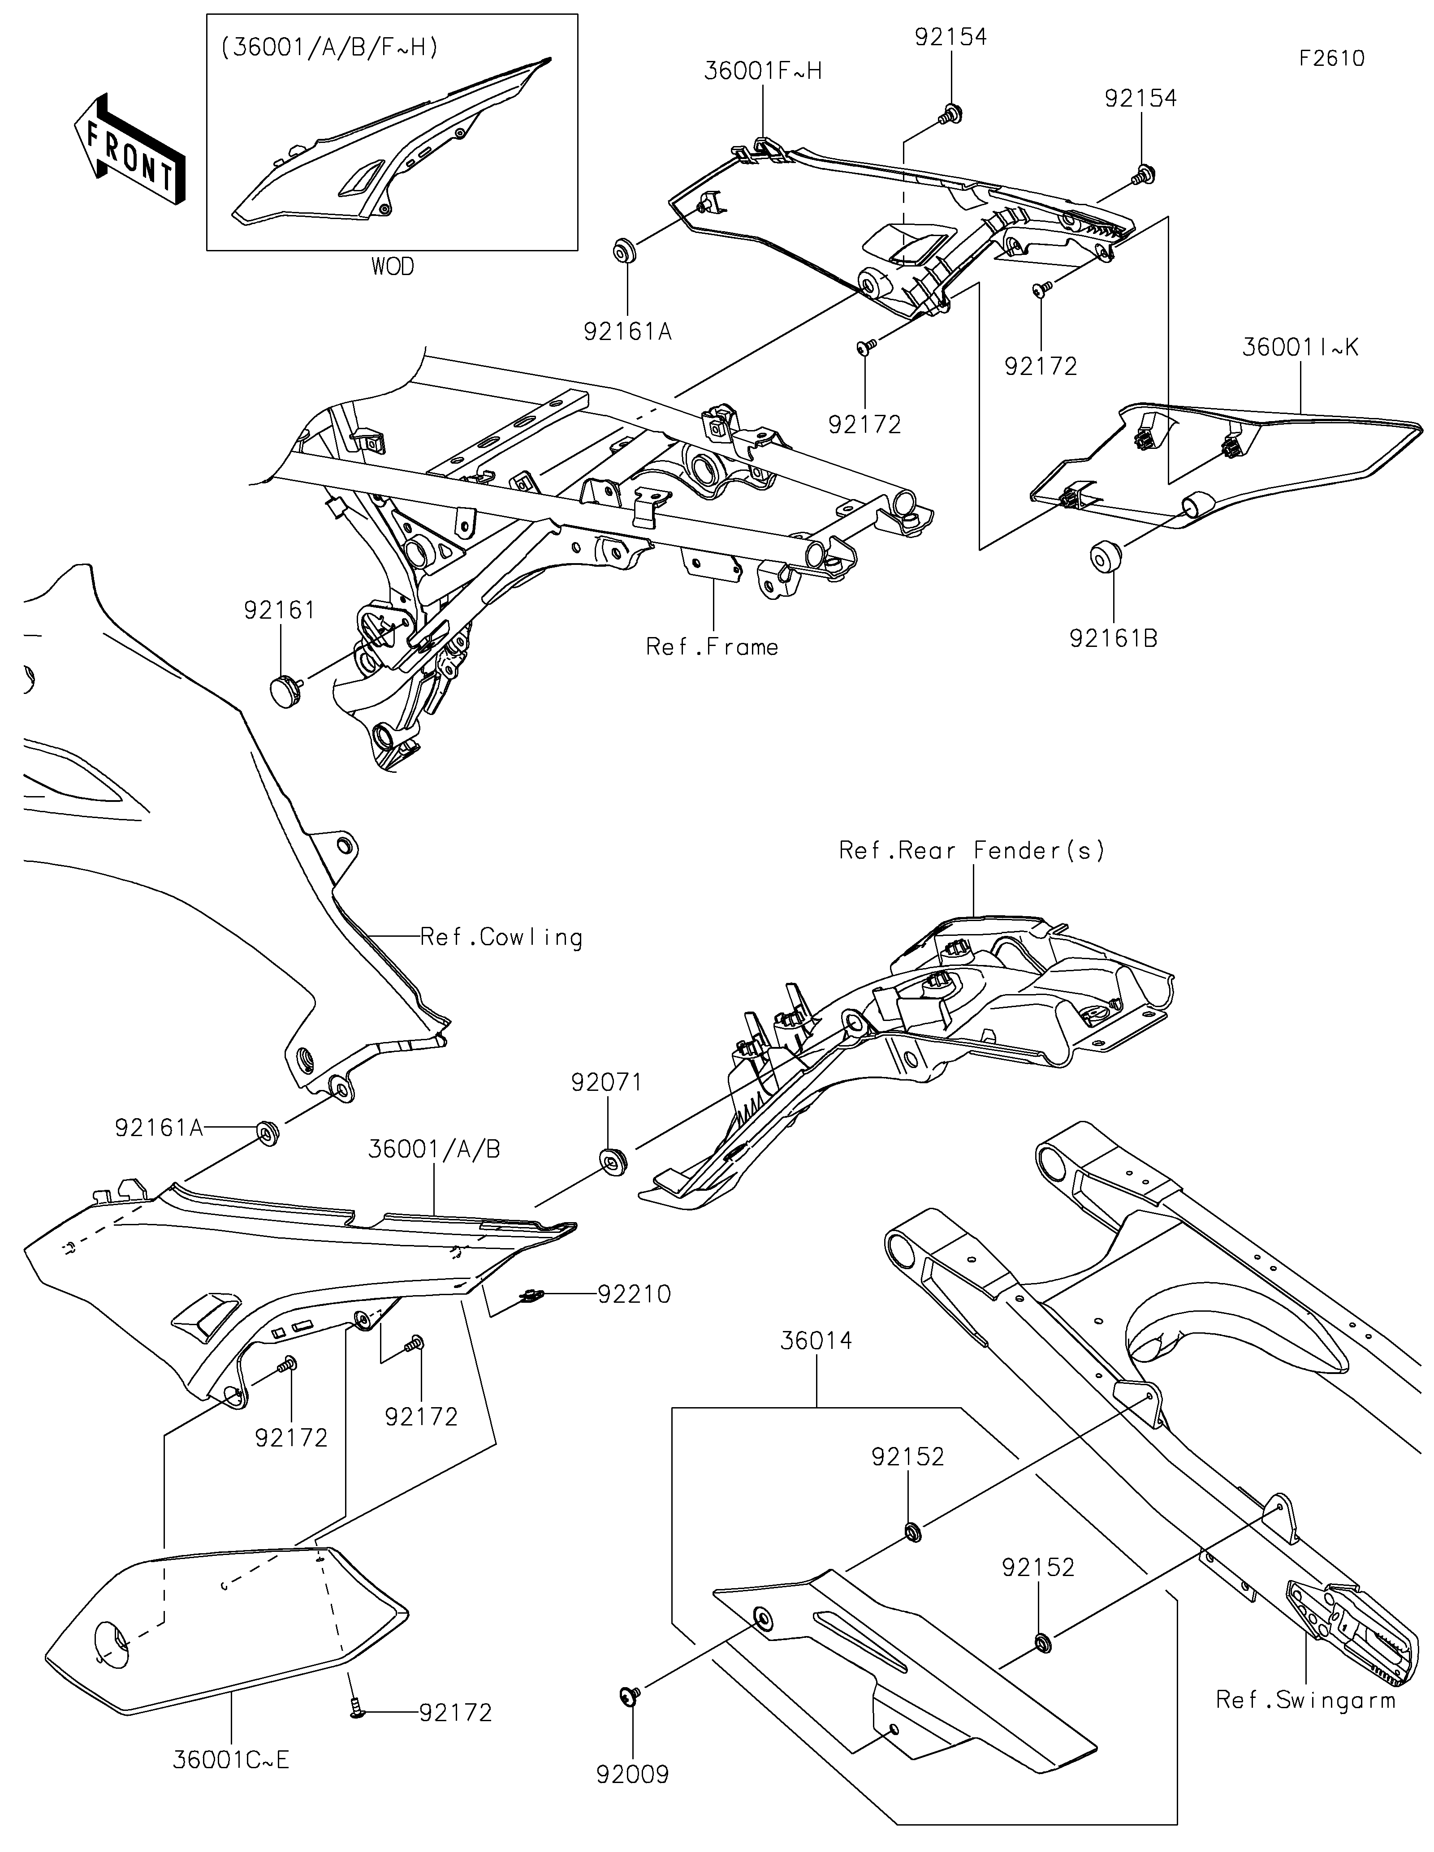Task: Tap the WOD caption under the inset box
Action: coord(393,267)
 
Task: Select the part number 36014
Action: coord(816,1341)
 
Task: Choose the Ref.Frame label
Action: coord(713,647)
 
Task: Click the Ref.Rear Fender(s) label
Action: coord(972,851)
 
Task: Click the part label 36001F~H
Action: coord(762,71)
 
